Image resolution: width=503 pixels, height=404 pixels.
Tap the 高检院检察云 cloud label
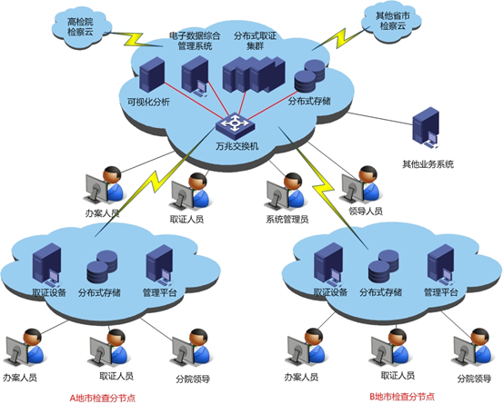pos(80,27)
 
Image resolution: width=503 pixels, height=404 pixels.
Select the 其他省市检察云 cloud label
pos(393,21)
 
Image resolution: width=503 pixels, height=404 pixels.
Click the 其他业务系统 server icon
pos(426,128)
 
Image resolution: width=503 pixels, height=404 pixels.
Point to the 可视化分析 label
pos(148,102)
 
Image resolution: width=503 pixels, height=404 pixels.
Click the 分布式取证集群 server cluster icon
pos(254,74)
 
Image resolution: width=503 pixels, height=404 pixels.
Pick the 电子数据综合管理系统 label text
pos(195,41)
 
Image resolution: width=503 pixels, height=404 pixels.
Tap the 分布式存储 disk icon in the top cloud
pos(309,75)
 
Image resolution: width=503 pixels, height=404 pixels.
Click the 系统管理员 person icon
pos(285,192)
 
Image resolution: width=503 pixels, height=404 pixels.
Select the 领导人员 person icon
pos(360,185)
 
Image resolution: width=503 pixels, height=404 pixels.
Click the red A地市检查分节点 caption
pos(103,398)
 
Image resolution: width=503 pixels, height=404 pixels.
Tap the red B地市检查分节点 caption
pos(402,397)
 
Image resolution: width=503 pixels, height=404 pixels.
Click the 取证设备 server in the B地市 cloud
pos(329,264)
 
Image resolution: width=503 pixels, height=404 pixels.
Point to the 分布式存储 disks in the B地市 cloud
pos(384,267)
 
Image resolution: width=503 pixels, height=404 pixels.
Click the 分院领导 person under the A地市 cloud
pos(191,349)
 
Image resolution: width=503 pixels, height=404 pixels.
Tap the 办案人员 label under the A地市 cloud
pos(20,378)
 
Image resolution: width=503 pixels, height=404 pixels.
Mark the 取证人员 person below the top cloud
pos(189,192)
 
